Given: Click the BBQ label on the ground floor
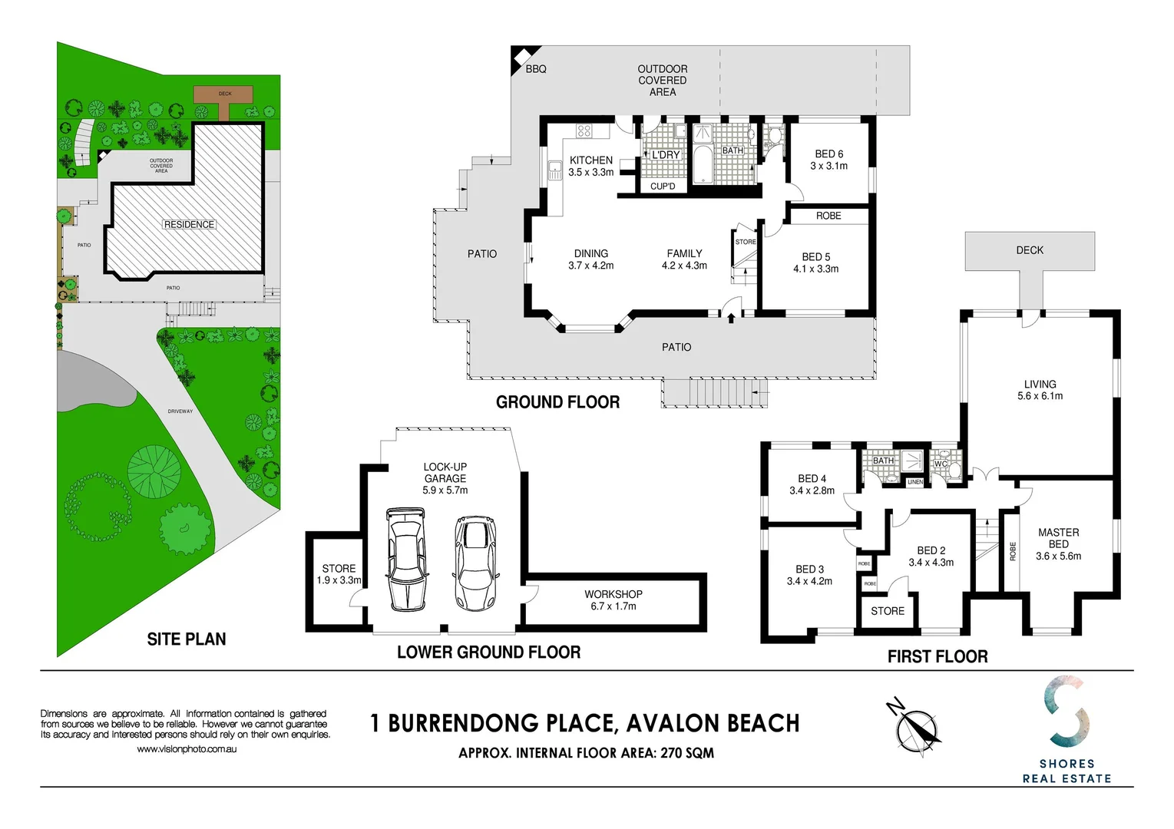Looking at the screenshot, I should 536,69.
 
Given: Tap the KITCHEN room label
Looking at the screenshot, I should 590,160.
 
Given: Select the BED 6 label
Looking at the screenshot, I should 828,154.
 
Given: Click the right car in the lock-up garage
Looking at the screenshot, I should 475,563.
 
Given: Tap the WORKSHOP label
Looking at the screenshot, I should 613,594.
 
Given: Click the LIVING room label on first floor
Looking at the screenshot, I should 1040,385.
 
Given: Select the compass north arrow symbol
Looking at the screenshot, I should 917,727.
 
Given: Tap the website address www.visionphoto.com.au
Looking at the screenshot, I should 187,749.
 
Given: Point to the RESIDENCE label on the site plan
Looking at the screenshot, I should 189,225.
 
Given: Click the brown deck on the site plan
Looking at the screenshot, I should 223,94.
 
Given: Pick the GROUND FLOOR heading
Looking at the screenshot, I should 557,402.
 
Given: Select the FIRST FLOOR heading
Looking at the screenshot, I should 937,656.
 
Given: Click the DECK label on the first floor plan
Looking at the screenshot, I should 1029,250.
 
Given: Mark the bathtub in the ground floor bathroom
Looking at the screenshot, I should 703,166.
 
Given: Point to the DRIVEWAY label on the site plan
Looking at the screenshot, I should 180,411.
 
